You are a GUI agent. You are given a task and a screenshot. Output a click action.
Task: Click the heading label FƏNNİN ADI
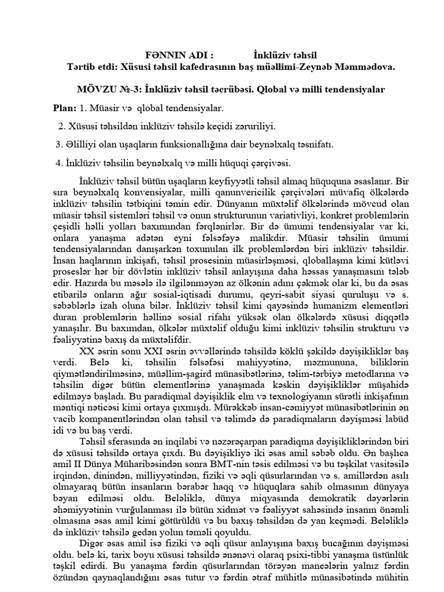[180, 55]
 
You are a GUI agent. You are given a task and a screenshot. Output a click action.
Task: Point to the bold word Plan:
[65, 108]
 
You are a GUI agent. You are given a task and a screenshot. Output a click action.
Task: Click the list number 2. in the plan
[62, 126]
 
